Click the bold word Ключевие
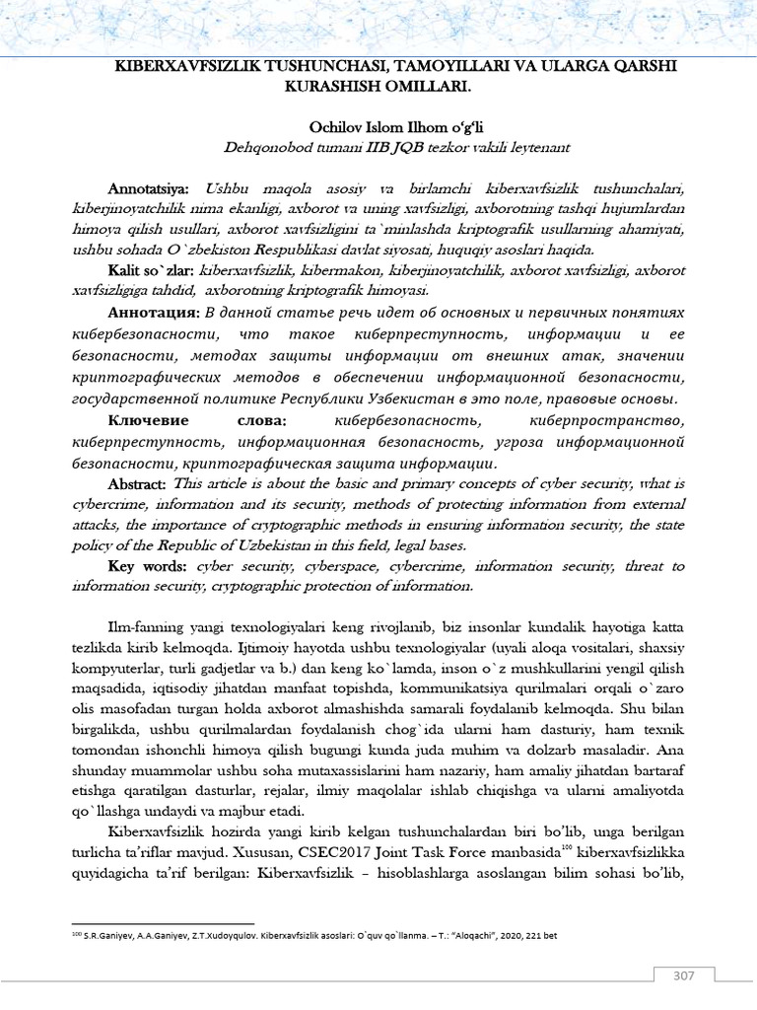coord(153,420)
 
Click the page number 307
coord(685,976)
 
